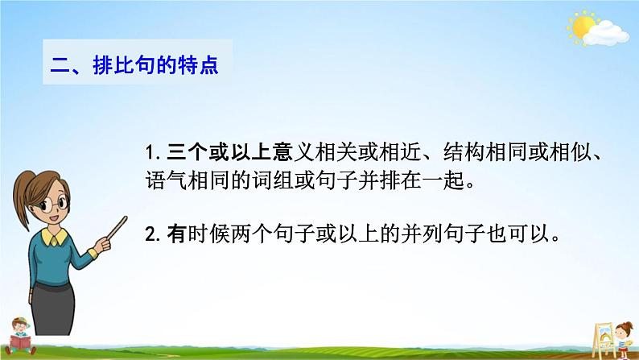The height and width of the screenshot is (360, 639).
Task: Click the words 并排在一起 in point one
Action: pyautogui.click(x=418, y=179)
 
